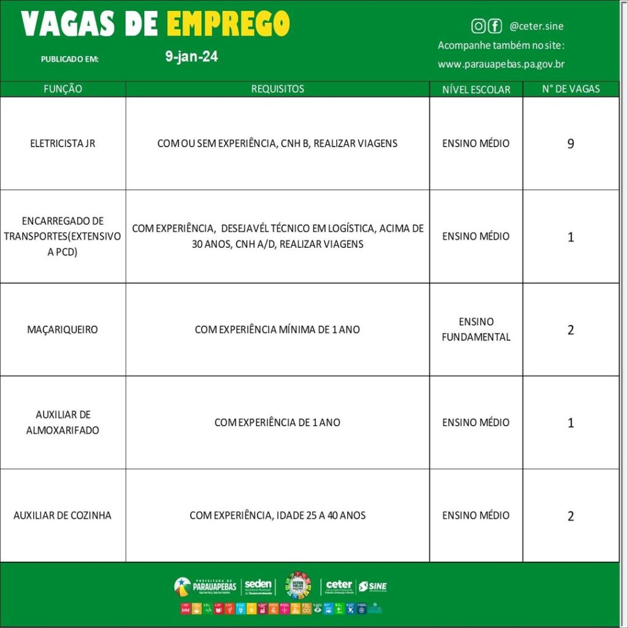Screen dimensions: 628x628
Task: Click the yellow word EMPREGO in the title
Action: click(x=228, y=24)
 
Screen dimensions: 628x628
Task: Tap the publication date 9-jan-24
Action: click(x=191, y=57)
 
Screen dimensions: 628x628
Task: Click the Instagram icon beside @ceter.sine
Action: click(x=478, y=26)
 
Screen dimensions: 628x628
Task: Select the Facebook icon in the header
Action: click(x=494, y=26)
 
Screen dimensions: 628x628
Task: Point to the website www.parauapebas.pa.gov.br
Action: click(x=501, y=64)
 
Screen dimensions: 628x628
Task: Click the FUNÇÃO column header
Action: click(x=63, y=89)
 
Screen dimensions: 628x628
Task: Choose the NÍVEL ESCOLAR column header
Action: click(x=476, y=90)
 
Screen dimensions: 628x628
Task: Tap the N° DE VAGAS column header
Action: click(x=570, y=89)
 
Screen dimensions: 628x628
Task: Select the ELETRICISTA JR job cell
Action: click(x=63, y=144)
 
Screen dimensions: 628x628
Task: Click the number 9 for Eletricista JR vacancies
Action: click(x=570, y=144)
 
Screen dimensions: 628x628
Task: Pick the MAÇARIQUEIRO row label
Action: click(x=63, y=329)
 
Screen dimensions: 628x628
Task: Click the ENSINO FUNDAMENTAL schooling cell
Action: click(x=476, y=329)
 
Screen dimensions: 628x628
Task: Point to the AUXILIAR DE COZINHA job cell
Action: click(x=63, y=515)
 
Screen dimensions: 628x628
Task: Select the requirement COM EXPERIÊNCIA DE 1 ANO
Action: click(x=277, y=423)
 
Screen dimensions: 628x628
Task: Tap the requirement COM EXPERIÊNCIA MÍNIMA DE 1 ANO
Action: click(x=277, y=329)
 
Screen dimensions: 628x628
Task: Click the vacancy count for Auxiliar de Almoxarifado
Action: click(x=570, y=423)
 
